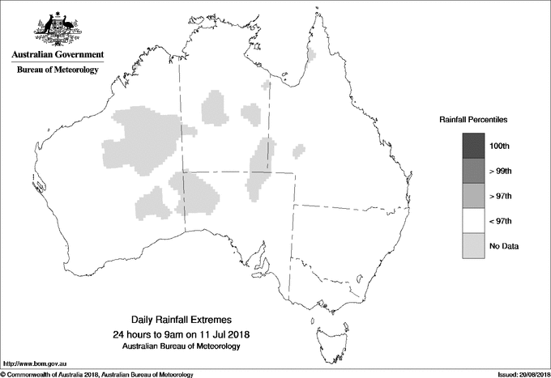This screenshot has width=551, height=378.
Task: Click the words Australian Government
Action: (58, 56)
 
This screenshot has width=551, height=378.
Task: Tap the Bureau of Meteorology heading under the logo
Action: (58, 70)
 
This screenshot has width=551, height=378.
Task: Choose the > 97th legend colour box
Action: (473, 195)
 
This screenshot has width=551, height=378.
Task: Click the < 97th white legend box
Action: (473, 220)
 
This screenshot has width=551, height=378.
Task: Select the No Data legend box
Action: (473, 245)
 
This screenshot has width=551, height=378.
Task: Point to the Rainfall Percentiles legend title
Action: (473, 120)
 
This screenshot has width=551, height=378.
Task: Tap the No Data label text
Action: (504, 246)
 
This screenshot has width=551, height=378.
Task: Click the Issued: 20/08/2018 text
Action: (521, 374)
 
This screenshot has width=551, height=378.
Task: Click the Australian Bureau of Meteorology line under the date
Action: (182, 346)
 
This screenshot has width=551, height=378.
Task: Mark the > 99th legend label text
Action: (502, 171)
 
